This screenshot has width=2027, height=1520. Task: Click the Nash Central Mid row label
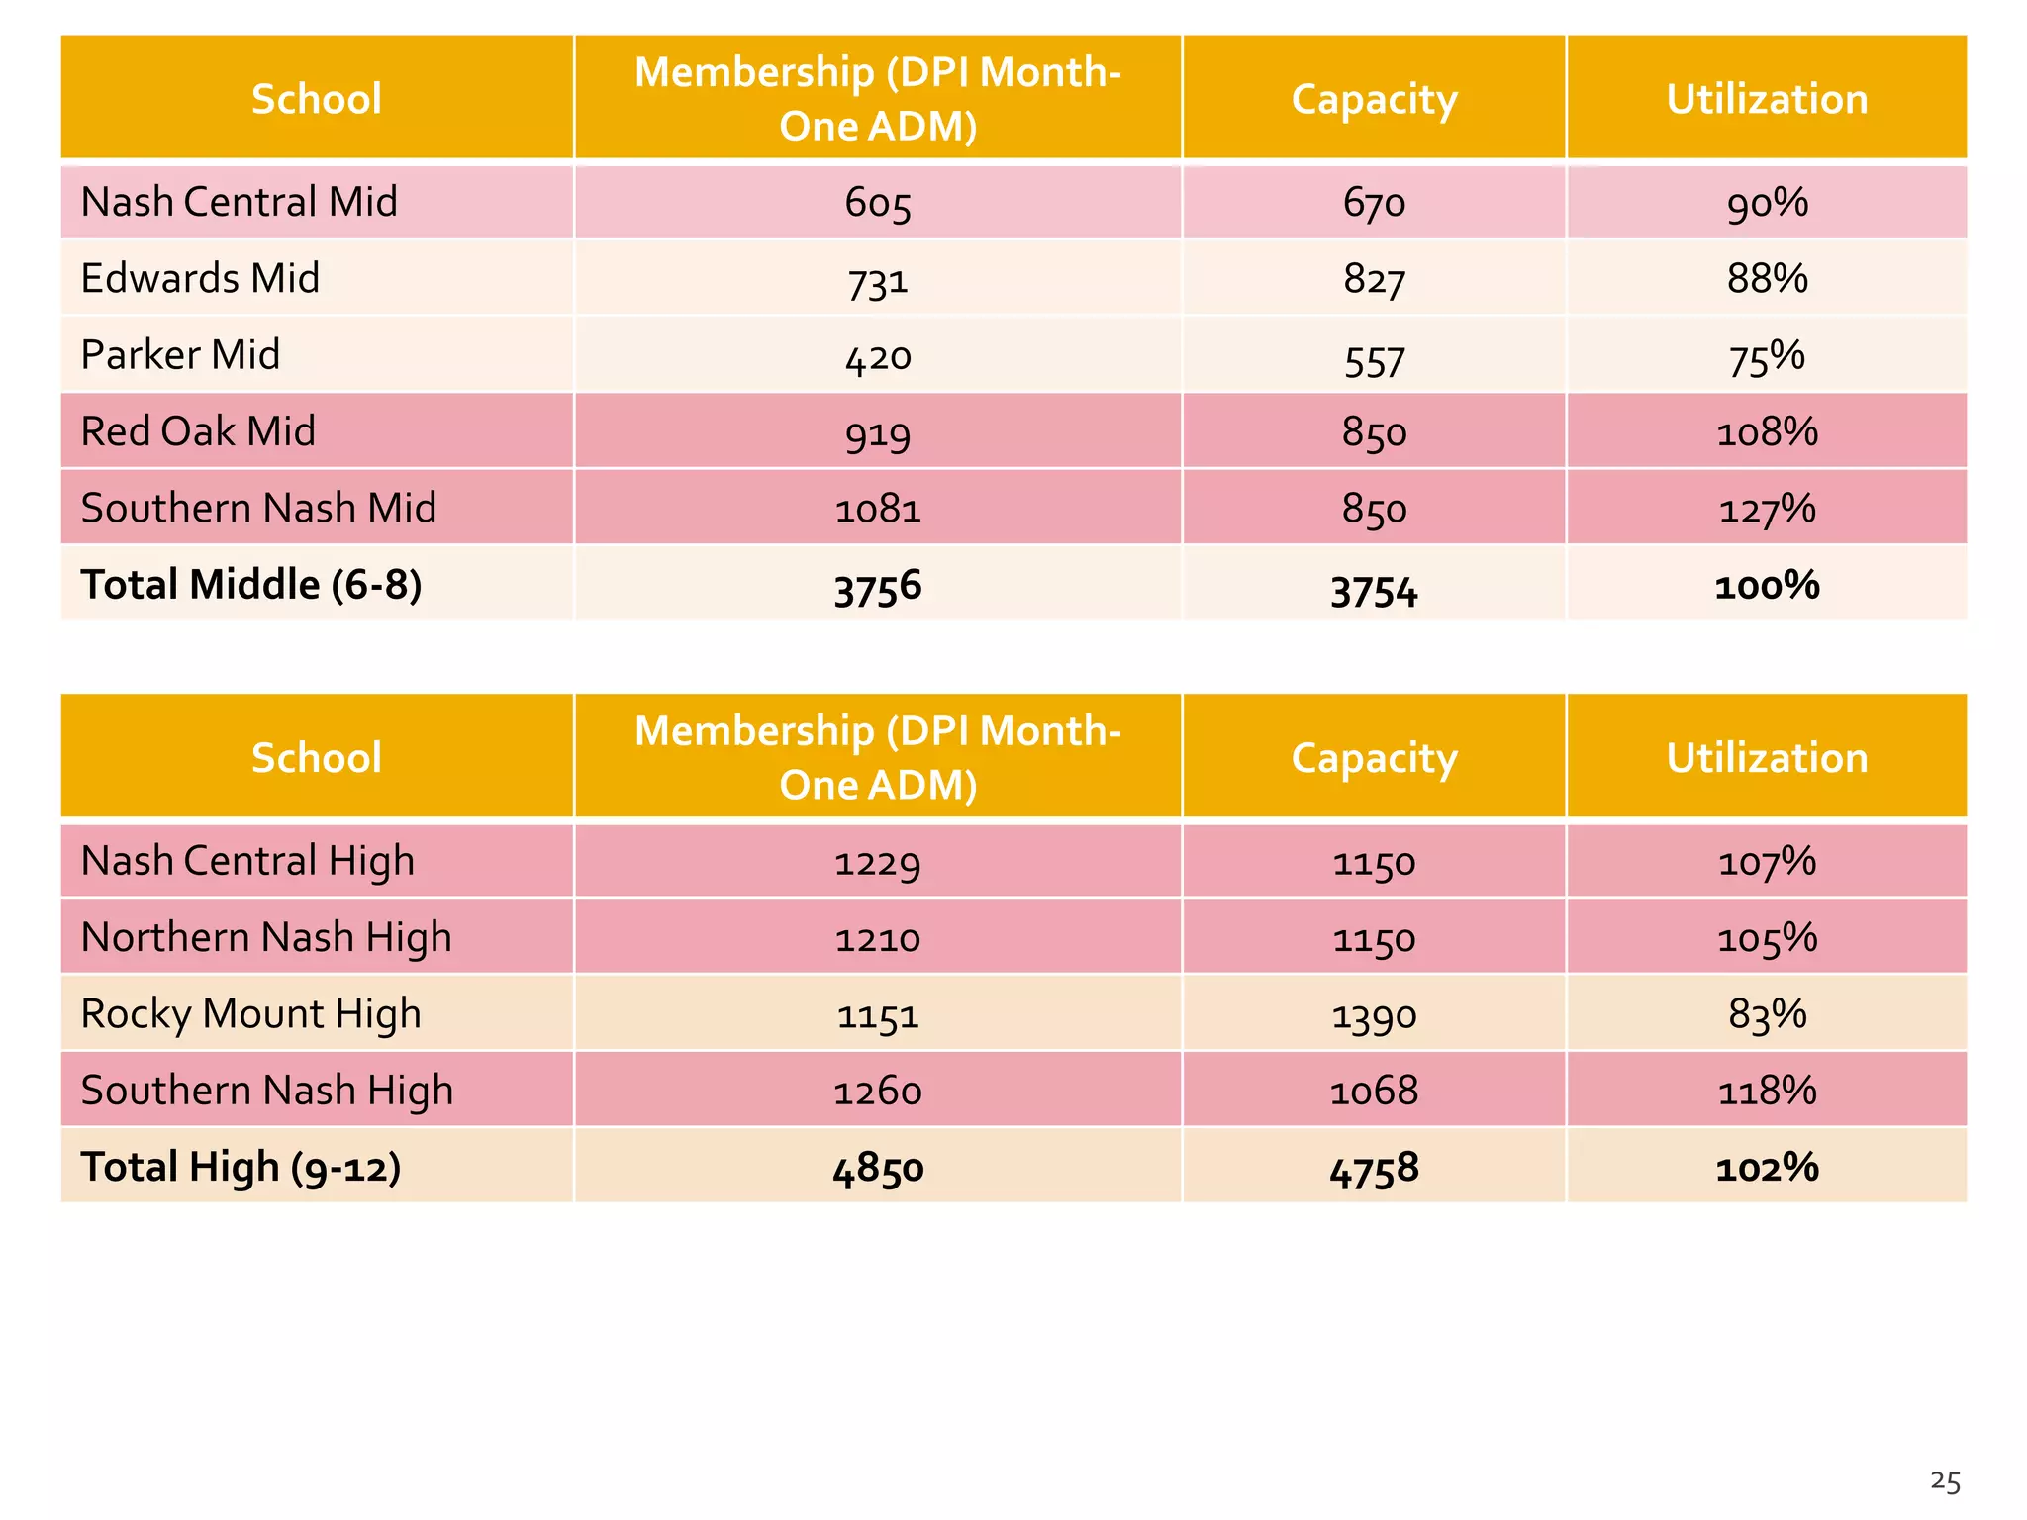point(240,202)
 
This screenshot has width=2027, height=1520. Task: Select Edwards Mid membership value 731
point(878,280)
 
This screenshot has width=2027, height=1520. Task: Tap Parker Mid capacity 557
point(1374,357)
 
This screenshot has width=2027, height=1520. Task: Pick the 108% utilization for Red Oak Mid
point(1767,432)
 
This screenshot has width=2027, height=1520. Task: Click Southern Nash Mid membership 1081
point(878,509)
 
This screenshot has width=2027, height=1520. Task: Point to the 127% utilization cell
point(1767,509)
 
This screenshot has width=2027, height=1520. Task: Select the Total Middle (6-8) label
point(251,585)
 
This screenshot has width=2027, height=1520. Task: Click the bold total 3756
point(878,587)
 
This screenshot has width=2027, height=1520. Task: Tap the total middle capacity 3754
point(1374,590)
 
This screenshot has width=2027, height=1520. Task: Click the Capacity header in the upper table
point(1374,99)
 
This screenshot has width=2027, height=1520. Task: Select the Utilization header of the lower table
point(1767,758)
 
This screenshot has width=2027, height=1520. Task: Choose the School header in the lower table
point(317,758)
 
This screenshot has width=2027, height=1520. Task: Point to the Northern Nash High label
point(266,938)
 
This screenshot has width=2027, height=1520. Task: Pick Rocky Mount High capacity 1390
point(1374,1015)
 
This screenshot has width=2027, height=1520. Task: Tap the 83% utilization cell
point(1767,1014)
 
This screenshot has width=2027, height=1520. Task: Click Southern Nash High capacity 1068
point(1374,1091)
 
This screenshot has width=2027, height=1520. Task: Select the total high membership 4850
point(878,1169)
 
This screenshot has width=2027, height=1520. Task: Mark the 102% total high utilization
point(1767,1168)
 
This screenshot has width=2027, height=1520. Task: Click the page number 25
point(1945,1481)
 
